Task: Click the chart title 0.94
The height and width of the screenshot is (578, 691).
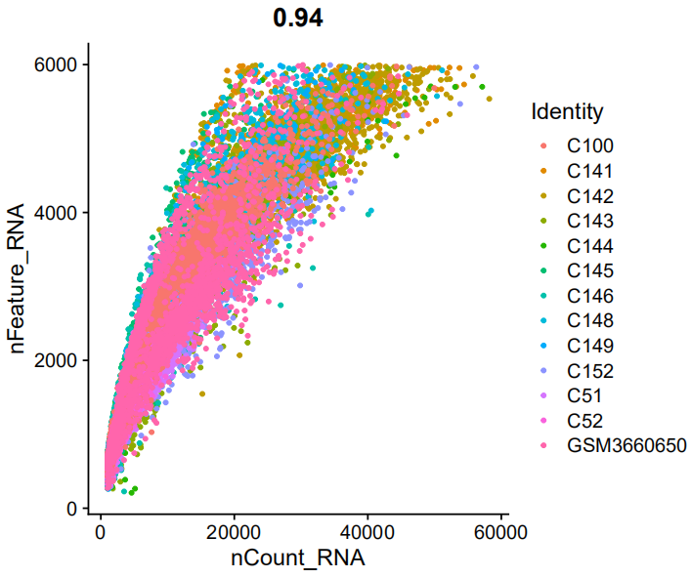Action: [x=300, y=19]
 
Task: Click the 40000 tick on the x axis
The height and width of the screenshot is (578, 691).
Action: [x=367, y=533]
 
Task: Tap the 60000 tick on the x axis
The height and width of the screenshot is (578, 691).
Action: [x=501, y=533]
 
